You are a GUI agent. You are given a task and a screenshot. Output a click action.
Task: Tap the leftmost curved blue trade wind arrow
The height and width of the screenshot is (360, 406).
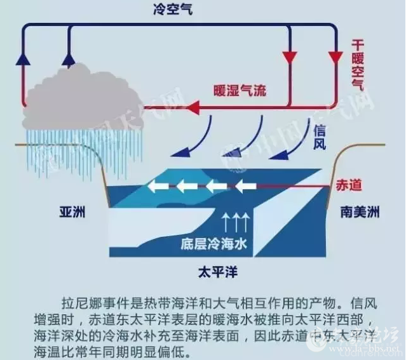pos(194,141)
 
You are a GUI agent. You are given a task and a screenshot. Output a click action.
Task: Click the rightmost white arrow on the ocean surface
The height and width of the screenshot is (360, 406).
pos(245,186)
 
